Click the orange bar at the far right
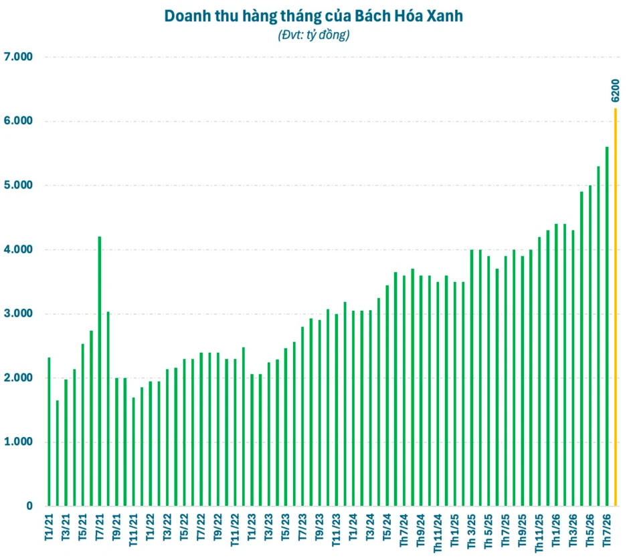click(616, 307)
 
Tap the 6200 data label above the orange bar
click(616, 90)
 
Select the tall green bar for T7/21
click(100, 371)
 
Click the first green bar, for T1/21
click(49, 432)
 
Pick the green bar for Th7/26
click(607, 326)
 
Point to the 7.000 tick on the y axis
click(18, 57)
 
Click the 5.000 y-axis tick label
click(18, 185)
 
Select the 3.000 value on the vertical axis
click(18, 313)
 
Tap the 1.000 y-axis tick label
click(18, 442)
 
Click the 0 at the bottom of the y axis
click(29, 506)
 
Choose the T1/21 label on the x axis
click(50, 527)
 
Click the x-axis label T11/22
click(235, 530)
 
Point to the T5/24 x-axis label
click(387, 527)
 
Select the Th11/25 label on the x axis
click(539, 533)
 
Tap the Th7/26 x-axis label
click(607, 529)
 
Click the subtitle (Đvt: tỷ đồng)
click(314, 35)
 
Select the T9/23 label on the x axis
click(320, 527)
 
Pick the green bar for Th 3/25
click(472, 378)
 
